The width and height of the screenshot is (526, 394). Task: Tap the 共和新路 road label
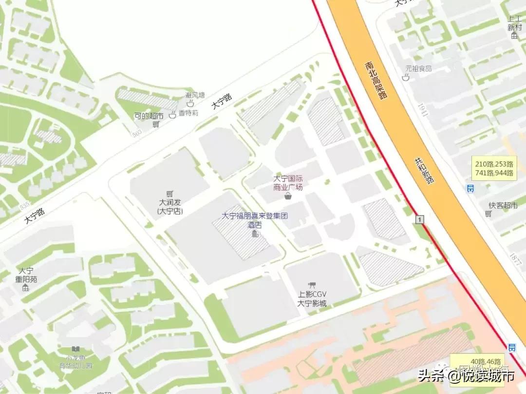(424, 171)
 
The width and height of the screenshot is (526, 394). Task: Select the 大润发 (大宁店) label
(169, 206)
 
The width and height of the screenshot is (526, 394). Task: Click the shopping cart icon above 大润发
(169, 193)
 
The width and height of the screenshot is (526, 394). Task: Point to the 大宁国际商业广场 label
(288, 183)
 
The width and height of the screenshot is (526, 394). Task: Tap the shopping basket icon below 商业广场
(288, 196)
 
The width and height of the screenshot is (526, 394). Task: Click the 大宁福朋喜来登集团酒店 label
(255, 220)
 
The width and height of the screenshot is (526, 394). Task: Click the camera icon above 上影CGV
(312, 285)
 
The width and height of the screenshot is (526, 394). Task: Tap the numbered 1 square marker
(419, 220)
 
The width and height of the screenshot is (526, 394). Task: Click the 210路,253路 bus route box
(494, 168)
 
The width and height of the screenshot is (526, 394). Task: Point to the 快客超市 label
(504, 206)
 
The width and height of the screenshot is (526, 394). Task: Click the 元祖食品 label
(419, 69)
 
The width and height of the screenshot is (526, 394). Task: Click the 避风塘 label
(195, 95)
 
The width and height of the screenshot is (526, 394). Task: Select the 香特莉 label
(188, 113)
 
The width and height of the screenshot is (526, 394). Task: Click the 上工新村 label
(514, 23)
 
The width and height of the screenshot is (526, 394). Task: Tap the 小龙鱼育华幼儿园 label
(75, 362)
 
